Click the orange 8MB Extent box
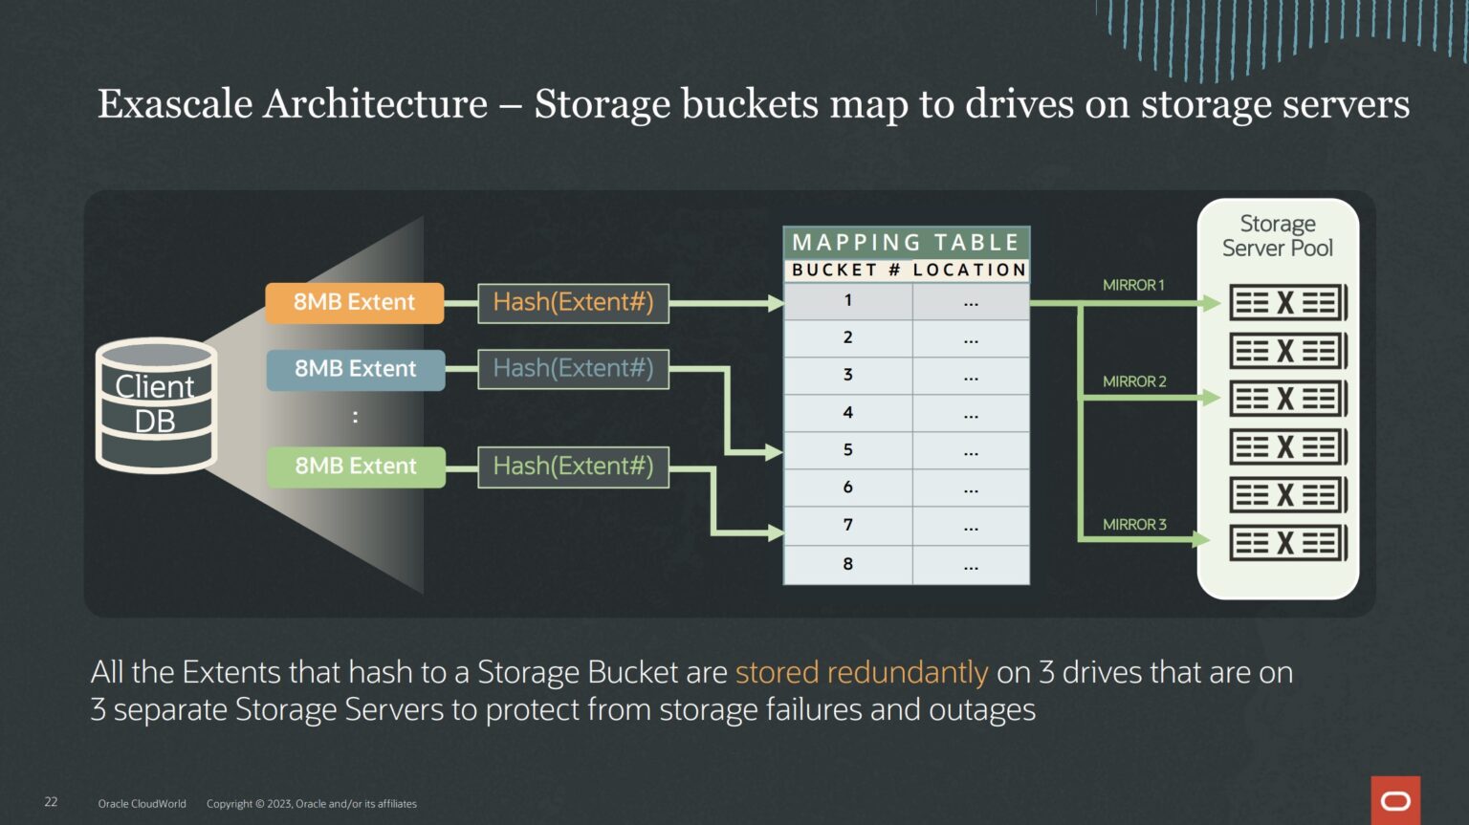pos(354,303)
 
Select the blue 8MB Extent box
pos(355,370)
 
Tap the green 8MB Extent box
pos(355,467)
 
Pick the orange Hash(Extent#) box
pos(573,303)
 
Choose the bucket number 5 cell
pos(847,450)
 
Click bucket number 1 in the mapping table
pos(847,301)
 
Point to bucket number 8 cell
pos(847,564)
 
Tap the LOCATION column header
pos(969,271)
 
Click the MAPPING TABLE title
pos(906,243)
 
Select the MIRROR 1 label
pos(1133,285)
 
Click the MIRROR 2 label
pos(1134,381)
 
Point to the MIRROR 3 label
pos(1134,525)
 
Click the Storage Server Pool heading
pos(1277,236)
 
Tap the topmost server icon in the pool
pos(1287,303)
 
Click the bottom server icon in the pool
pos(1287,543)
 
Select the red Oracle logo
pos(1395,800)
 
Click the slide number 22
pos(51,802)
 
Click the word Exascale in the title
pos(175,104)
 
